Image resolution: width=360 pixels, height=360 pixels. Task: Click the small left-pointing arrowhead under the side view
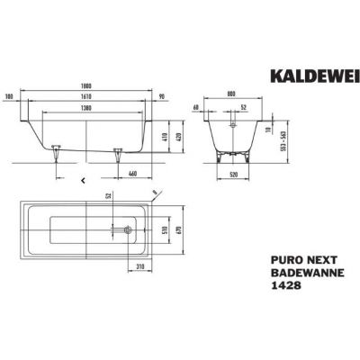click(84, 178)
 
